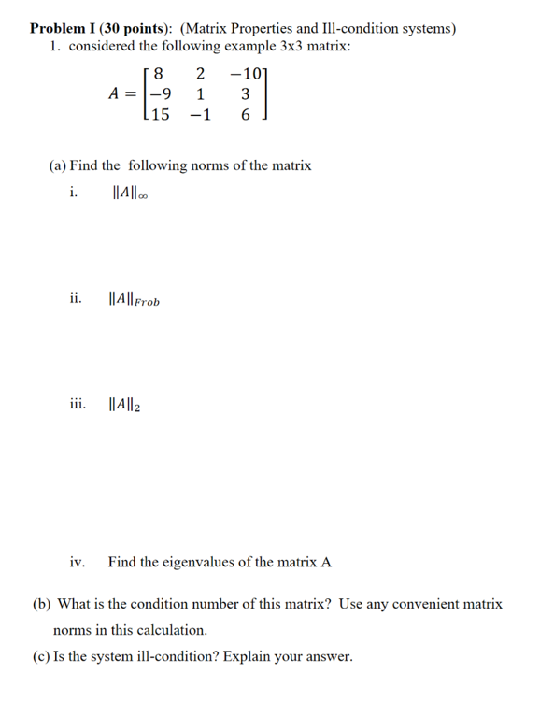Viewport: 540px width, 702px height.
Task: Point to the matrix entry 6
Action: click(x=245, y=115)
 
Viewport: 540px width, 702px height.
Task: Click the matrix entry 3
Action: click(x=245, y=93)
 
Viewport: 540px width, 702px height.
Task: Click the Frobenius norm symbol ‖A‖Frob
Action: click(x=134, y=300)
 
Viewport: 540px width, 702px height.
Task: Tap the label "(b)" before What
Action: click(x=42, y=604)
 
